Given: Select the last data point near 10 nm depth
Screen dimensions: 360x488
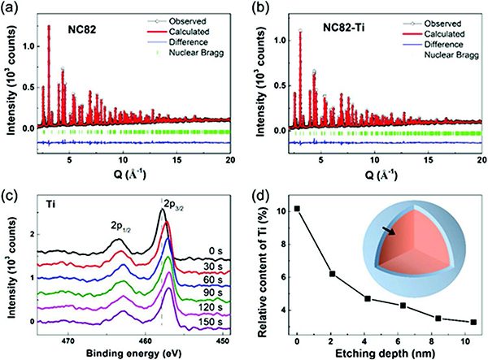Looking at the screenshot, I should (x=473, y=322).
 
